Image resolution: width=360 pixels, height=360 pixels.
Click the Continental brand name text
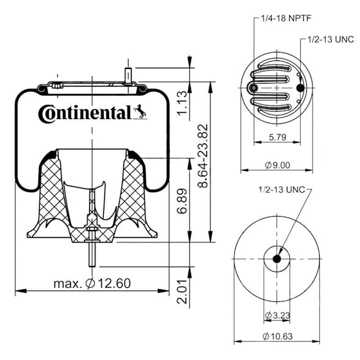pos(84,113)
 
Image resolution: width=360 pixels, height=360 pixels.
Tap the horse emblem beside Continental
pos(140,112)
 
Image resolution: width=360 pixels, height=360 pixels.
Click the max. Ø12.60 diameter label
pos(92,283)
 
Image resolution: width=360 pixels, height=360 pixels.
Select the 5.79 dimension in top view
pos(276,137)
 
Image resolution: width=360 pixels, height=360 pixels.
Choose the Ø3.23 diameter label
pos(277,315)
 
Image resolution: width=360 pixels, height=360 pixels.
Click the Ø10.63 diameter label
pos(276,336)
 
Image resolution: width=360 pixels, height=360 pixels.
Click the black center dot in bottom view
pos(276,259)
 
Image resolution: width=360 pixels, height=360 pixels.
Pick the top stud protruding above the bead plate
pos(128,74)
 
